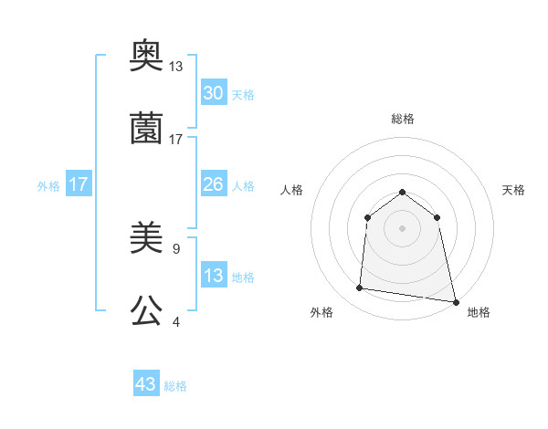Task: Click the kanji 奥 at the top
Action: coord(146,57)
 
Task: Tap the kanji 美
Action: coord(146,239)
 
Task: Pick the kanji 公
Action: coord(146,311)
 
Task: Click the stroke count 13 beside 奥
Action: coord(176,67)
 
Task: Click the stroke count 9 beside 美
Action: coord(175,248)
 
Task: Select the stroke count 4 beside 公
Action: coord(175,321)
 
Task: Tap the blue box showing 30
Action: coord(214,93)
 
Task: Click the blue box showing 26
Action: coord(214,184)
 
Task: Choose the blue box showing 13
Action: coord(214,276)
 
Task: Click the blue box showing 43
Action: coord(146,384)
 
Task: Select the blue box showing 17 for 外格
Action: coord(79,184)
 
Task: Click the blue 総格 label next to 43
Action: coord(175,386)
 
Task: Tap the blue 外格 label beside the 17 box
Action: coord(48,185)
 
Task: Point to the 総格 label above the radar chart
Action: coord(403,119)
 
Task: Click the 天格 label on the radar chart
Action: coord(514,190)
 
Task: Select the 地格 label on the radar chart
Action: coord(479,312)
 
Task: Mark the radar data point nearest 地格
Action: coord(455,300)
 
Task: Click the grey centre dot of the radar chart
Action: coord(403,228)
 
